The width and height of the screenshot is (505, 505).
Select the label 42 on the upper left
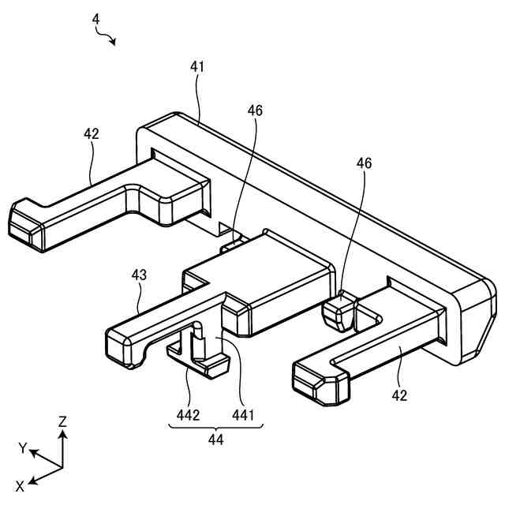[92, 133]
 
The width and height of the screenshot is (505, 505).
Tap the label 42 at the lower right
[399, 395]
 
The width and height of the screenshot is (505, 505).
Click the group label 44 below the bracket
[216, 440]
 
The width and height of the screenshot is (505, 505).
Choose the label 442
[187, 413]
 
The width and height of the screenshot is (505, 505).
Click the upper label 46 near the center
[255, 111]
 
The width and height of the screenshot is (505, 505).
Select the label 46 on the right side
[364, 163]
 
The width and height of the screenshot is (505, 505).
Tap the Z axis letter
[62, 422]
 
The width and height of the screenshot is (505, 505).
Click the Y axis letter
[24, 448]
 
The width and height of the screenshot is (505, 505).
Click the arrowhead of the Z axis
[63, 433]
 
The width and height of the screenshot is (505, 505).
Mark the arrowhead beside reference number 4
[114, 42]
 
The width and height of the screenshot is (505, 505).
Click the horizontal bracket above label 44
[216, 427]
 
